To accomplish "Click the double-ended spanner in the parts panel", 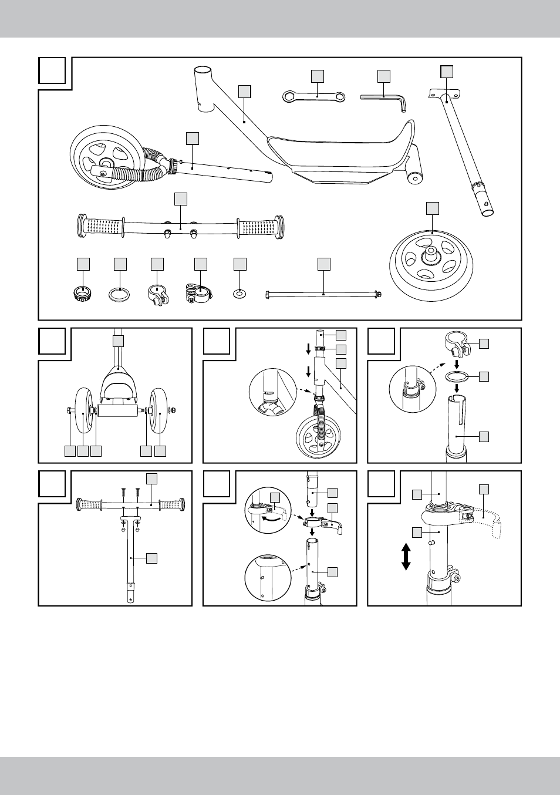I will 314,96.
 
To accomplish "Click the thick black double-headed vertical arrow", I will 406,557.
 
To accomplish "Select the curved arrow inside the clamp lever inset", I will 271,518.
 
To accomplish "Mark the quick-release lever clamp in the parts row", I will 200,292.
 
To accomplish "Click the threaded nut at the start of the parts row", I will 83,292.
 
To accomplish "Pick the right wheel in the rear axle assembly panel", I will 158,410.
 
